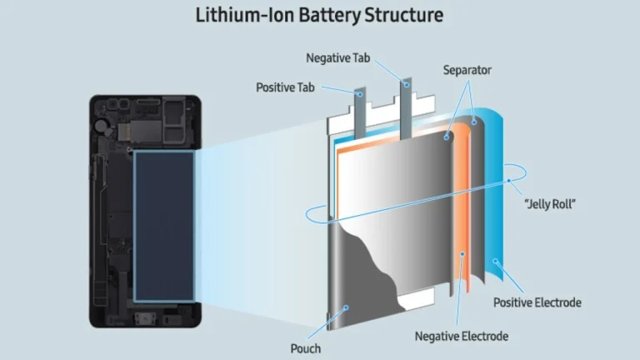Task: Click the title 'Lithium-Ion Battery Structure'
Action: pos(320,15)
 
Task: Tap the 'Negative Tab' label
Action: pos(338,58)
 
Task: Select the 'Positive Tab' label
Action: pos(285,87)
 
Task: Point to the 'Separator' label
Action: pos(467,70)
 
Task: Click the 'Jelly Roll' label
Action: pos(550,203)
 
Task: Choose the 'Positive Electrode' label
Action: pos(537,302)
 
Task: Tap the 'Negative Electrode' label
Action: pos(461,337)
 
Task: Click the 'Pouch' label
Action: pos(305,348)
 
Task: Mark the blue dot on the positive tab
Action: pos(360,95)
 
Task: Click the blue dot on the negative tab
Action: pos(407,85)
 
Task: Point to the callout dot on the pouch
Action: pos(346,307)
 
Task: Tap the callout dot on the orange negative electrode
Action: pos(462,254)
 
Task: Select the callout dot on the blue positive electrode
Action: pos(495,261)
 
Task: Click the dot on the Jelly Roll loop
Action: pos(509,180)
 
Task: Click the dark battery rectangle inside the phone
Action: pos(164,227)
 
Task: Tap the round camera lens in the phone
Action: pos(99,126)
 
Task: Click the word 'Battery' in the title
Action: pos(329,15)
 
